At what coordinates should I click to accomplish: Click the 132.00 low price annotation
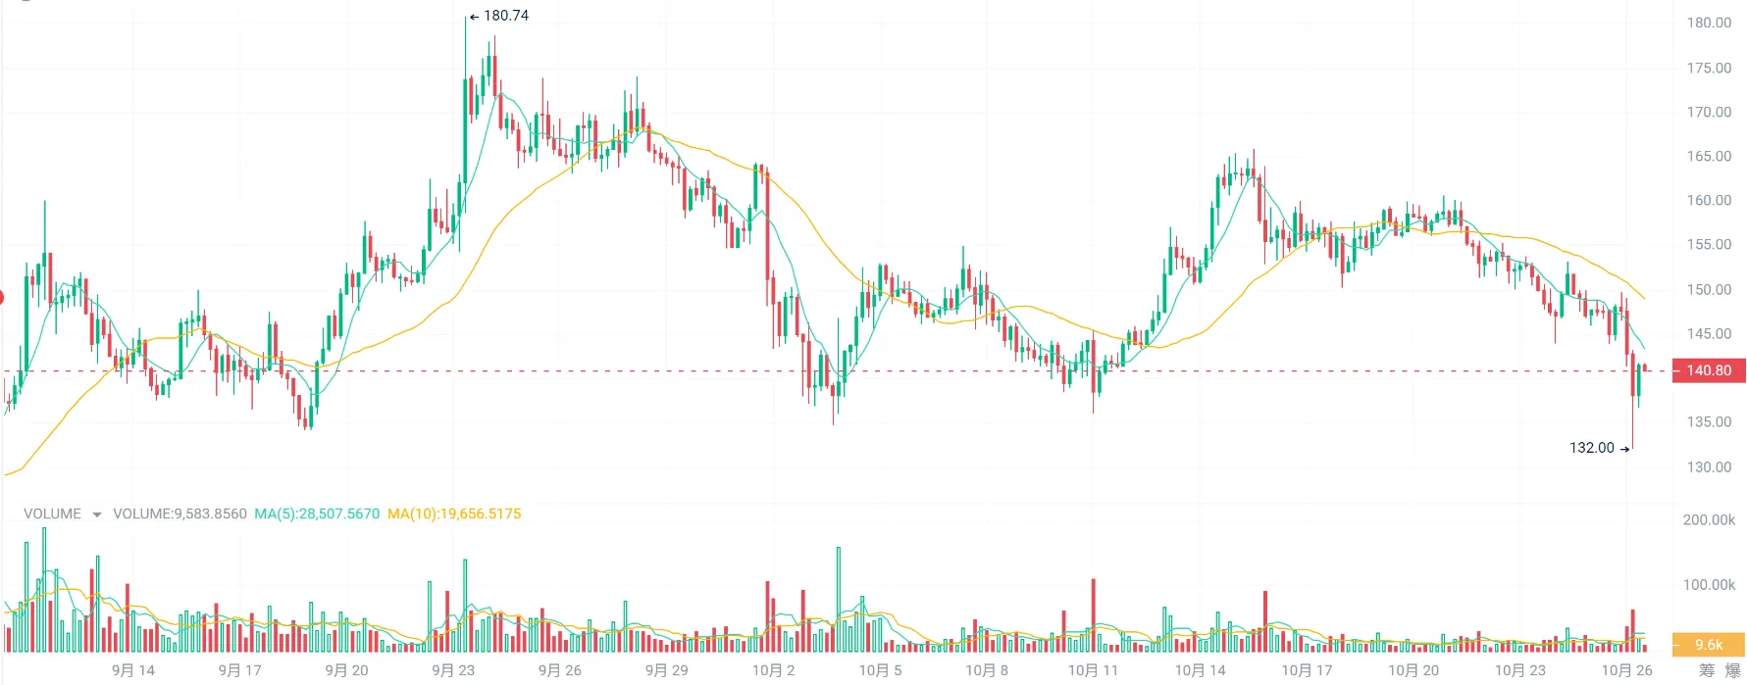1592,448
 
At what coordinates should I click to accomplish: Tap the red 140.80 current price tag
1708,370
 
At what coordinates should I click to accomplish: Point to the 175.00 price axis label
1709,68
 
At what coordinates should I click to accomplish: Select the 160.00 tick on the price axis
1709,200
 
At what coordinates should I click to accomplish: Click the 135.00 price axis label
1709,421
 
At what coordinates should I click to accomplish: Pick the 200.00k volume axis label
1709,519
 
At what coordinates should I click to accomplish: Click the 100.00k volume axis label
1709,584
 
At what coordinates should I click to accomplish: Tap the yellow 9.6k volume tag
1708,644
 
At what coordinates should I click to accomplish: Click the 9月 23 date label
453,670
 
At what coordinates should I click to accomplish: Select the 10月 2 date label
773,670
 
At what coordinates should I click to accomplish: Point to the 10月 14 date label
1201,670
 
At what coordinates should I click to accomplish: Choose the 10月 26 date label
1627,670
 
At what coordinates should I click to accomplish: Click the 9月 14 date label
133,670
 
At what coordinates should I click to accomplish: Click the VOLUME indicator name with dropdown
53,514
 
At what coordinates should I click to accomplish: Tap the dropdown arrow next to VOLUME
96,514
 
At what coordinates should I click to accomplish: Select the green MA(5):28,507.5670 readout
317,514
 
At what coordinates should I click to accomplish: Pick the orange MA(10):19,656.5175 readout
454,514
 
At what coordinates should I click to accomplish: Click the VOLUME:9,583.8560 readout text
180,514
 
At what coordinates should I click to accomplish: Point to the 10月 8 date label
987,670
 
